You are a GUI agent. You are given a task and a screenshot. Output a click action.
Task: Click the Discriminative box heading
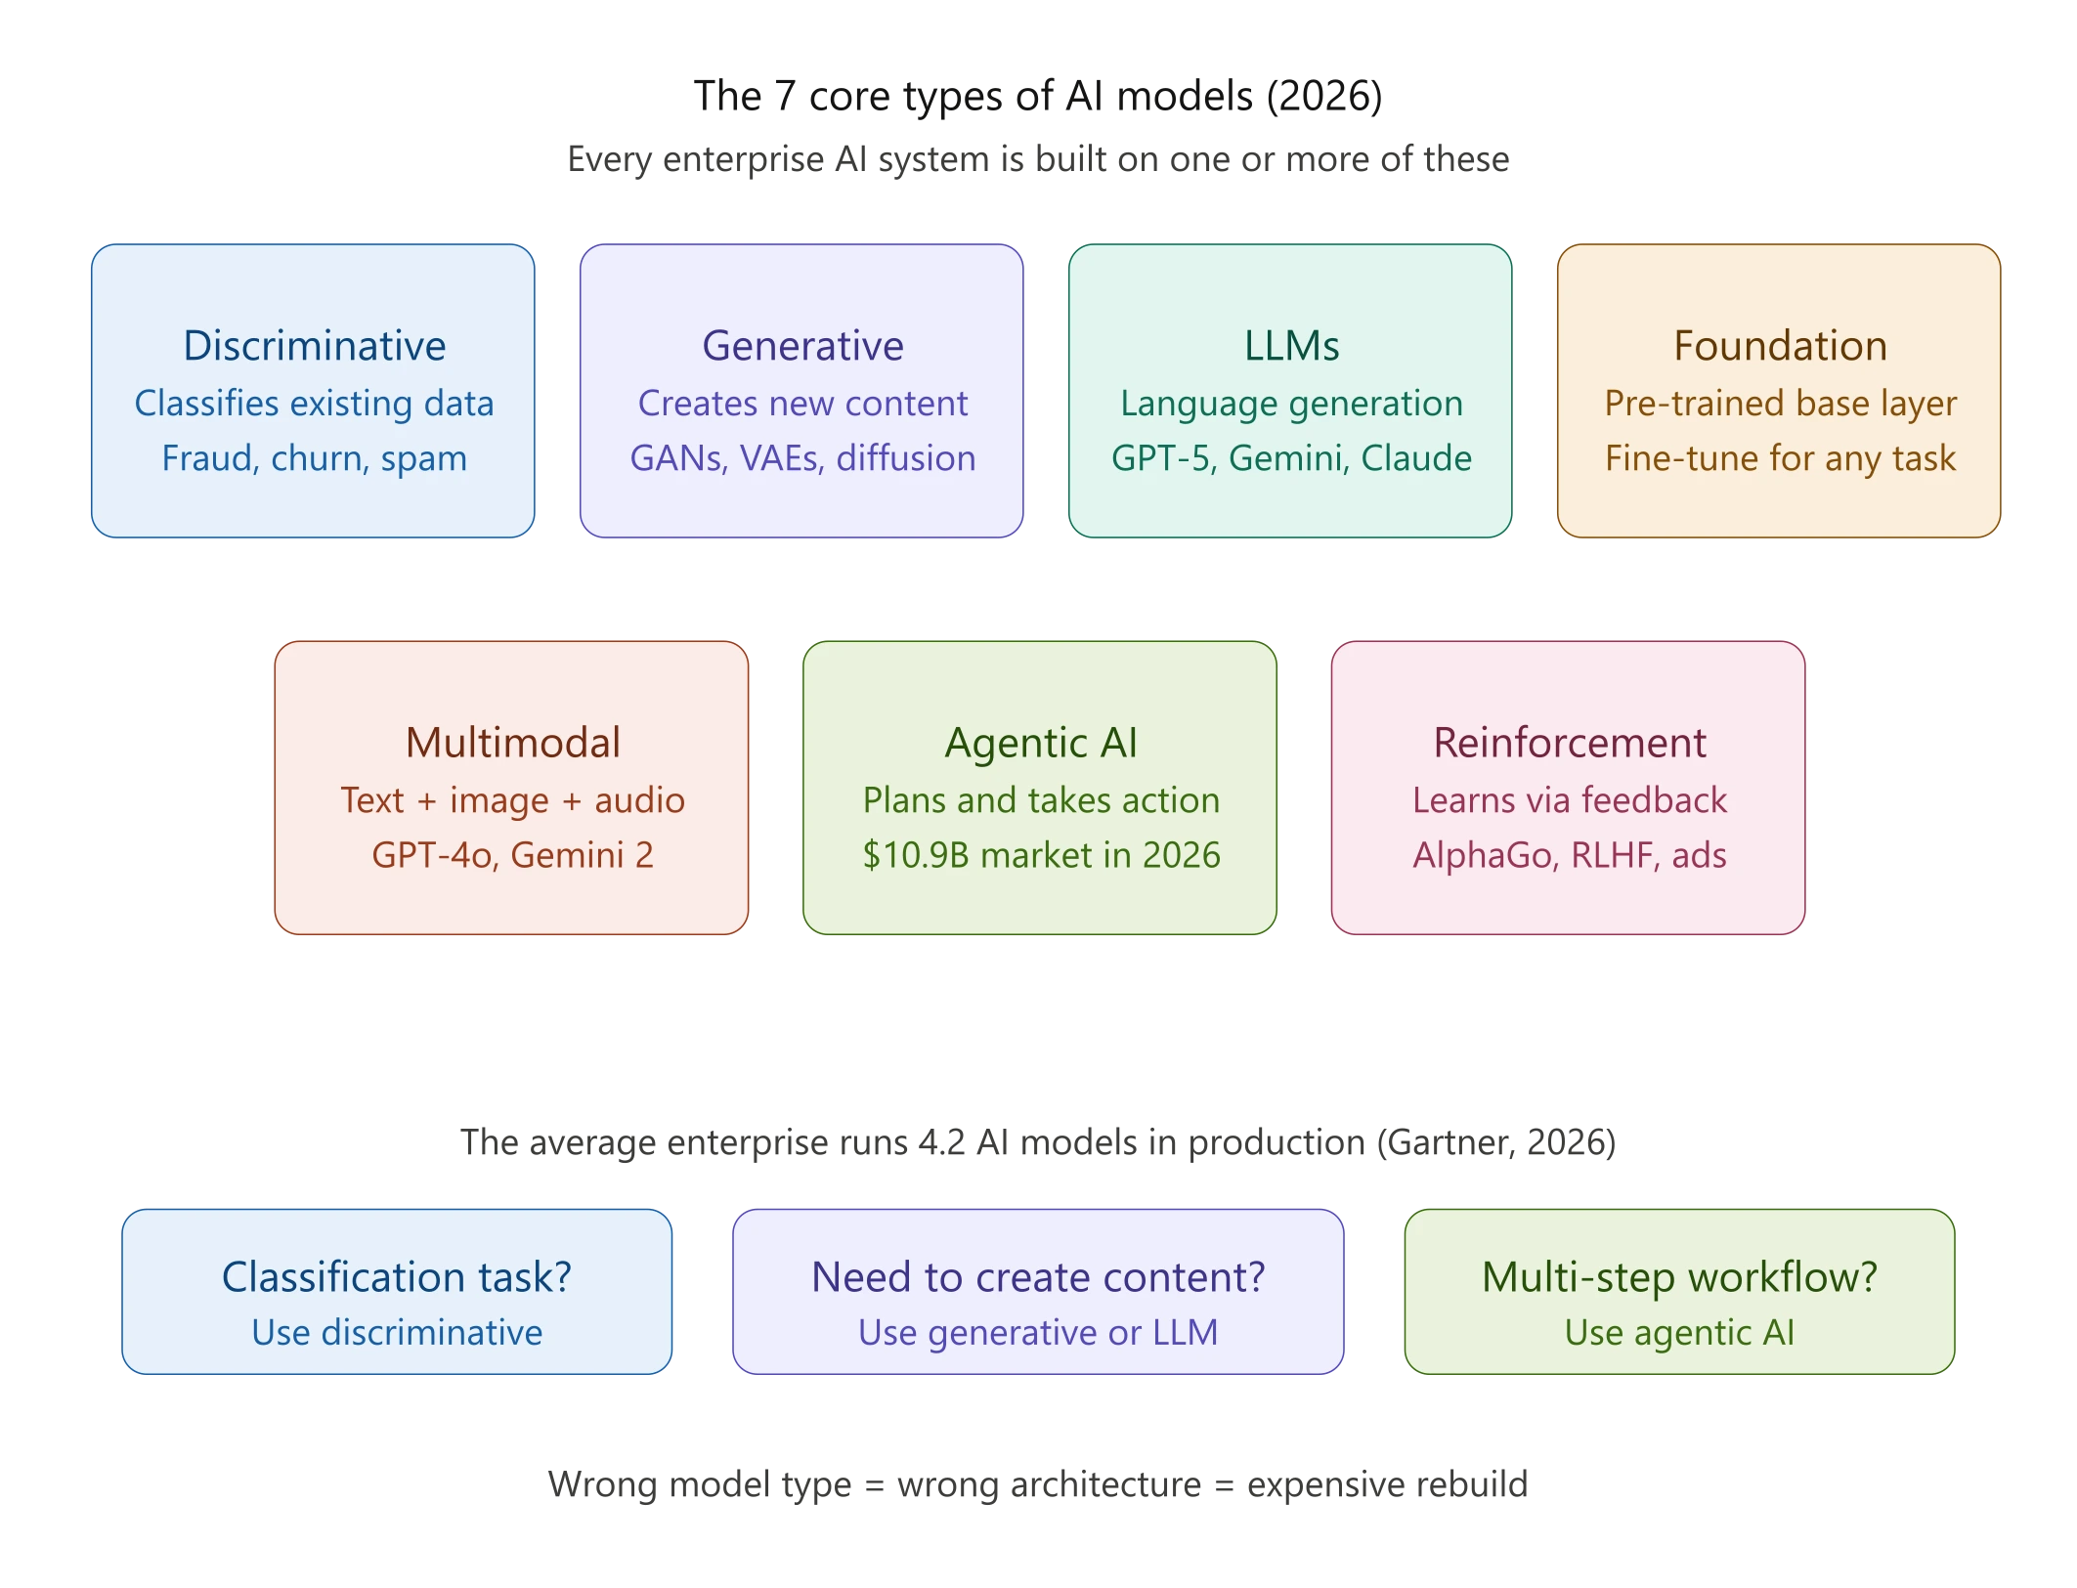(314, 346)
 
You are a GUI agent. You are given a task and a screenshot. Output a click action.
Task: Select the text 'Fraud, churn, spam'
(314, 458)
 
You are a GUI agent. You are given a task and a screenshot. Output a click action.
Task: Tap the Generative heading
(802, 346)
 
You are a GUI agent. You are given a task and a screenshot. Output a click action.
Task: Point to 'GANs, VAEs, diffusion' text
(802, 458)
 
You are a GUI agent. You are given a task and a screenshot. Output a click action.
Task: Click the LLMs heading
(1291, 346)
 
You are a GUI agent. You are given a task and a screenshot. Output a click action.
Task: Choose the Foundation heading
(1780, 346)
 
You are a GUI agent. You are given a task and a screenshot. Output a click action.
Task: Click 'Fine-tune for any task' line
(1780, 458)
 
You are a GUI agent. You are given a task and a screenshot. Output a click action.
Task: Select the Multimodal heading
(512, 743)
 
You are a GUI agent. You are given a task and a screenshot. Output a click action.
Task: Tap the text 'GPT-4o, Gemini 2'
(512, 855)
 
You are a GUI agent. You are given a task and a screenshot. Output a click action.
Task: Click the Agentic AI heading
(1041, 743)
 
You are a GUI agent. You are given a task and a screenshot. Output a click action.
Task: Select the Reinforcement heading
(1570, 743)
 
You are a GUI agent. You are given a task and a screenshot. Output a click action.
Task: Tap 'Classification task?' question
(396, 1277)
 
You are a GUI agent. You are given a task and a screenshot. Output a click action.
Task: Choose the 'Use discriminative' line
(396, 1333)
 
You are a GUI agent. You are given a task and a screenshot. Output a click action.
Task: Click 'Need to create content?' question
(1038, 1277)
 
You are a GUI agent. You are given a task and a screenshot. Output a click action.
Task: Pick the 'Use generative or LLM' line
(1038, 1333)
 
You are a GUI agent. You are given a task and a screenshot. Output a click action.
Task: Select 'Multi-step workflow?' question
(1679, 1277)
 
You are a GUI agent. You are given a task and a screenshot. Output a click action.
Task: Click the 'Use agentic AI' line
(1679, 1333)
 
